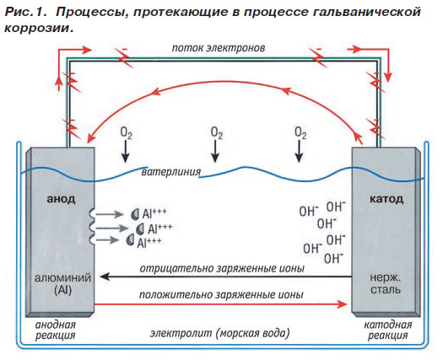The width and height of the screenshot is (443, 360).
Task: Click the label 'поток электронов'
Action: (219, 48)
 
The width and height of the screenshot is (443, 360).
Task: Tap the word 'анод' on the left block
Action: (61, 199)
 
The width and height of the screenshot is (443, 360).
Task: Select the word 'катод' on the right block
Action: (386, 199)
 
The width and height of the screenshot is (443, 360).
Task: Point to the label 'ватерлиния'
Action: (171, 172)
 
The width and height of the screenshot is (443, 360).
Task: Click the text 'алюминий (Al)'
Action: (63, 284)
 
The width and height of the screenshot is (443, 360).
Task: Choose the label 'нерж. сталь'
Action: (386, 284)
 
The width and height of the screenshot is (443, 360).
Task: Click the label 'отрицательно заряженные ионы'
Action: (222, 268)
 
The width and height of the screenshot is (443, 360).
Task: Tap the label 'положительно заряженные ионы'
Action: (221, 295)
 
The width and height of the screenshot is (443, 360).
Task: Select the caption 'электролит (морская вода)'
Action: (219, 334)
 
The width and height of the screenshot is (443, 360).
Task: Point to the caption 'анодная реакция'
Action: (56, 330)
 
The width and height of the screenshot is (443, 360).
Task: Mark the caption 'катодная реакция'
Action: (387, 330)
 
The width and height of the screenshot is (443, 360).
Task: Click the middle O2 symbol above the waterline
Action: (217, 133)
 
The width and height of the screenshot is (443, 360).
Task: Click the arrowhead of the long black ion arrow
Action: (105, 277)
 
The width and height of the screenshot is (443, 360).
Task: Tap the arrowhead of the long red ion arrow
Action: (343, 304)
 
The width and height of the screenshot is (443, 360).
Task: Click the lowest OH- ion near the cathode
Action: (333, 258)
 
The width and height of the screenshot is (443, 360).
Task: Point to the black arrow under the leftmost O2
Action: (126, 152)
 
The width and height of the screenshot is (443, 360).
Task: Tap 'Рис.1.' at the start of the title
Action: (25, 12)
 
